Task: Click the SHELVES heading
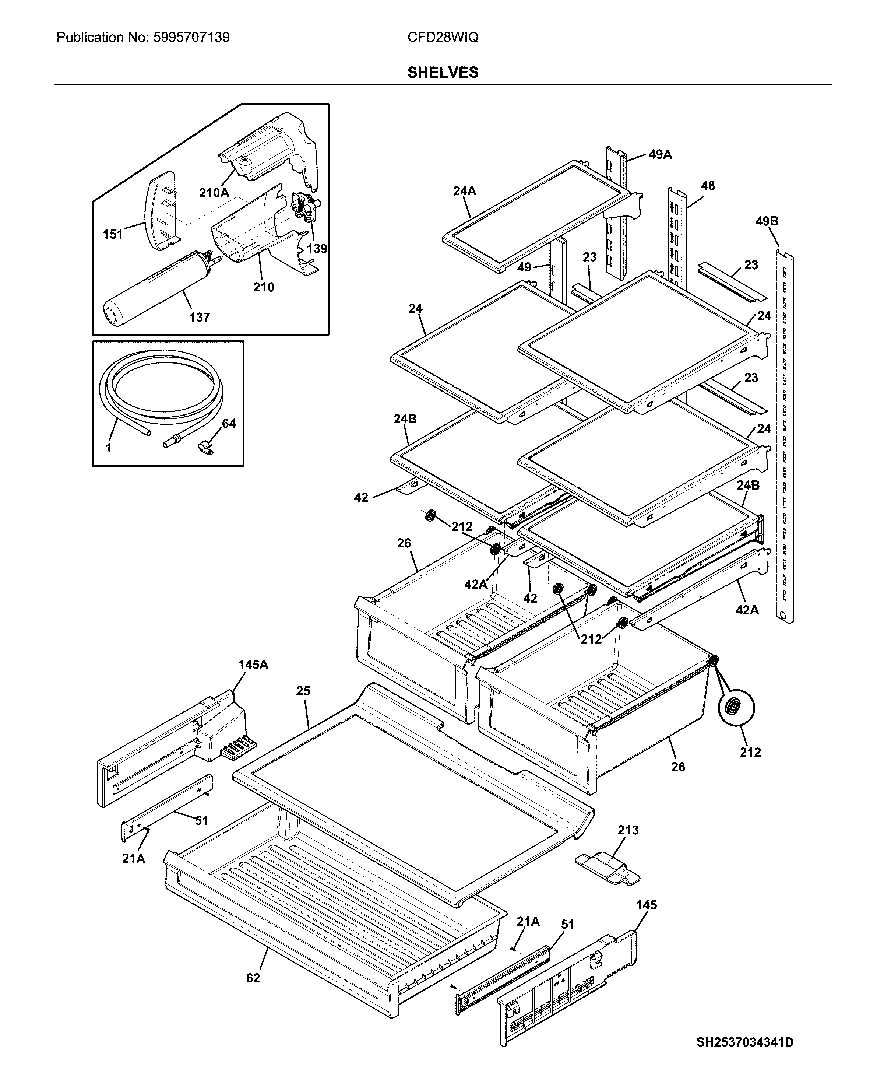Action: click(x=443, y=73)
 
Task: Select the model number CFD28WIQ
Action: click(x=443, y=38)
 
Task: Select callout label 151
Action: click(x=113, y=235)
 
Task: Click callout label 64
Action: click(x=228, y=424)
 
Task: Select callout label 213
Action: click(x=628, y=830)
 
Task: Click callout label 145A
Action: click(x=253, y=665)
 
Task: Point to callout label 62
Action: click(x=253, y=978)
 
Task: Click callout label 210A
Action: click(x=214, y=193)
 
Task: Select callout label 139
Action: click(x=317, y=249)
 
